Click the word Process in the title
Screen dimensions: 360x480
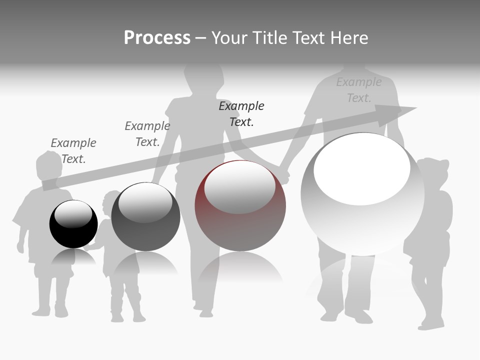pos(157,38)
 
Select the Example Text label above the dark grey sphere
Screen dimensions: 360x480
pos(147,134)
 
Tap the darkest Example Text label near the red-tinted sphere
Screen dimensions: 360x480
pos(241,113)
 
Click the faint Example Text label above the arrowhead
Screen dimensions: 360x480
pos(359,90)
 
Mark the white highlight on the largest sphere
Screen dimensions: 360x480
pos(362,170)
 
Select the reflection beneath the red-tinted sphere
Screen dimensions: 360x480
pos(240,267)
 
